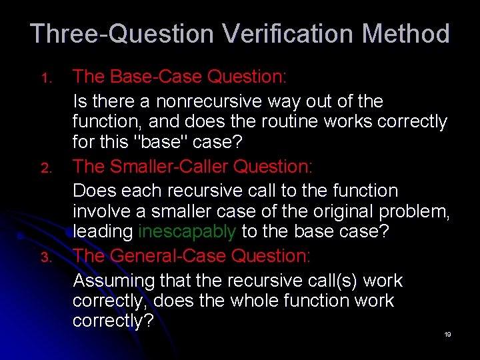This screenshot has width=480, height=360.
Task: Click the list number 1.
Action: (x=47, y=79)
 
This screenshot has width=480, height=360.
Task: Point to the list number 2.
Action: (x=47, y=169)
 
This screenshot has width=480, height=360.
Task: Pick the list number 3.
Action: (x=47, y=258)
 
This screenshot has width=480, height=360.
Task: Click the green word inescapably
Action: (x=187, y=232)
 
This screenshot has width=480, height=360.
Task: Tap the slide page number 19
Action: (x=447, y=334)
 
